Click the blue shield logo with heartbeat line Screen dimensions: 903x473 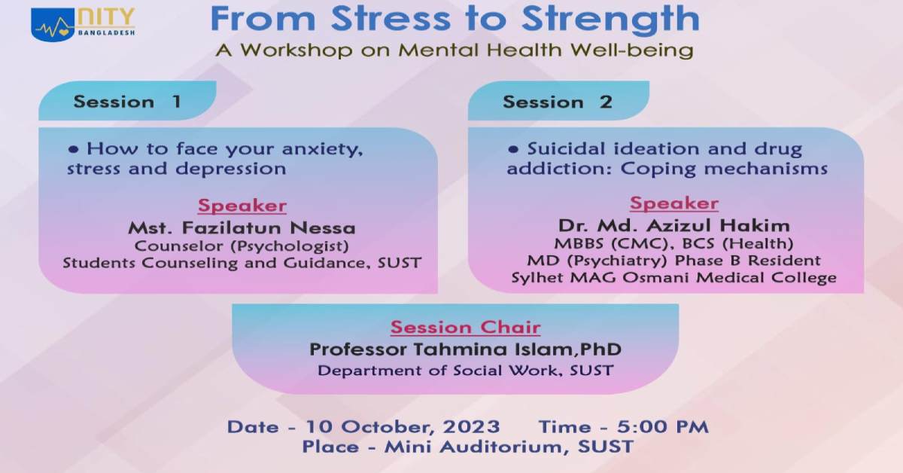click(53, 25)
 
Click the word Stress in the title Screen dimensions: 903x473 click(391, 20)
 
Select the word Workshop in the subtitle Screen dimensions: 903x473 click(296, 50)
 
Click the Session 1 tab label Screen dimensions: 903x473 click(127, 102)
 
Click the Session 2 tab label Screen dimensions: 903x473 click(558, 102)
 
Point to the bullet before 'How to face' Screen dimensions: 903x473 click(74, 150)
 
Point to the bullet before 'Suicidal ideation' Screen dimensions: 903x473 click(513, 150)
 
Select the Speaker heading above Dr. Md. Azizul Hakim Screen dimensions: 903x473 click(674, 204)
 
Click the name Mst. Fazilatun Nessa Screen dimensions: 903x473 click(242, 228)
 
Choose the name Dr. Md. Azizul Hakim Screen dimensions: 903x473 click(674, 226)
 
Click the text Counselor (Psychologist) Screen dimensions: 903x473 click(242, 246)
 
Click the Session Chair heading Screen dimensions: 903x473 click(465, 328)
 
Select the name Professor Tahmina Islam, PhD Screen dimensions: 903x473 click(466, 349)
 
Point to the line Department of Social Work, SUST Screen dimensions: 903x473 click(466, 371)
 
